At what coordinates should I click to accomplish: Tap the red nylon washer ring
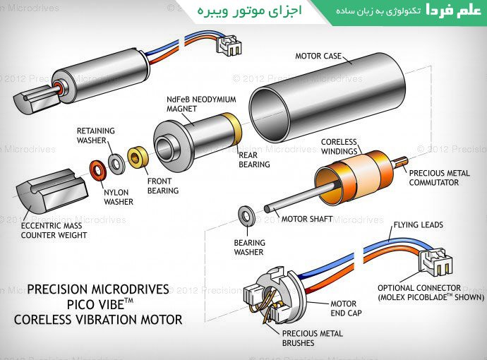coord(97,169)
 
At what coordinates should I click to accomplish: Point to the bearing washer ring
coord(247,215)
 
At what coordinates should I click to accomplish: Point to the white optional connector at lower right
coord(433,263)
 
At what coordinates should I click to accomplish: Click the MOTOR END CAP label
coord(349,308)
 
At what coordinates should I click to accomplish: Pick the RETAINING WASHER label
coord(96,135)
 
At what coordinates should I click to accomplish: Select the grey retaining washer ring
coord(116,162)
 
